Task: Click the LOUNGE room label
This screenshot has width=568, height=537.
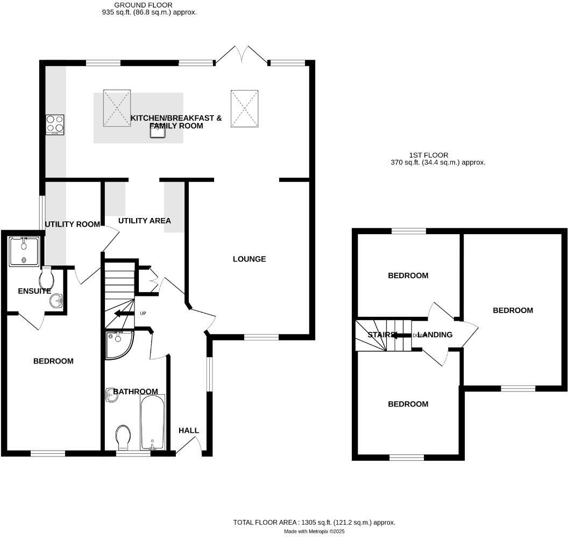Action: (x=249, y=259)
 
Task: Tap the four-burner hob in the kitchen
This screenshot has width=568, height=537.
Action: (x=55, y=125)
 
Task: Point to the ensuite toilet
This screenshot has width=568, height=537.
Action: (x=47, y=278)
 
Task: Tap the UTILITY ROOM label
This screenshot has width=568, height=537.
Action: (x=72, y=224)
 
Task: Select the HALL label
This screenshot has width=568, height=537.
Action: (x=189, y=430)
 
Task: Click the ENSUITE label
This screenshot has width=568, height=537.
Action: (x=34, y=291)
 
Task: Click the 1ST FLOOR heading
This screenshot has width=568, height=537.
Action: (x=428, y=155)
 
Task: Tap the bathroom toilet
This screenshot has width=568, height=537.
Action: (x=123, y=436)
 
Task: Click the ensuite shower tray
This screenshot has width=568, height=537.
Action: (x=24, y=250)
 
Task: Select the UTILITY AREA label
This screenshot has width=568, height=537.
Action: (x=144, y=221)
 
